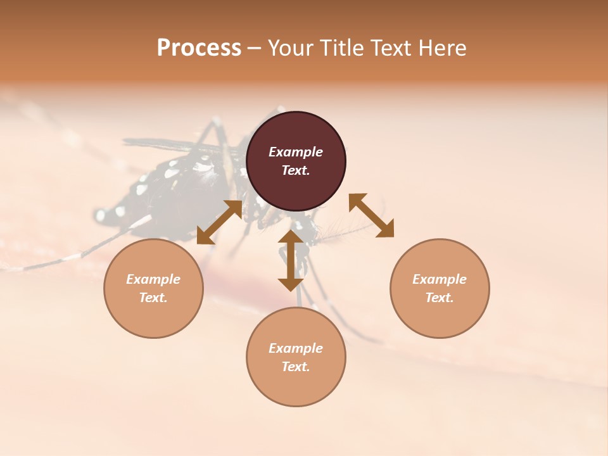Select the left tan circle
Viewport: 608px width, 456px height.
(153, 288)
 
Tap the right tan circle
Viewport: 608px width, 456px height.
(440, 288)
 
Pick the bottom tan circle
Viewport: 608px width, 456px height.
(296, 357)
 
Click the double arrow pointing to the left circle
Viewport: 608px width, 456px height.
(220, 222)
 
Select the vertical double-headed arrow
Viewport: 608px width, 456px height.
(291, 260)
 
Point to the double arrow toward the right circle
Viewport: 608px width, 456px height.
(371, 215)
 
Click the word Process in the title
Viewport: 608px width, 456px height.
(199, 47)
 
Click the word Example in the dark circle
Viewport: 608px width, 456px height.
(296, 152)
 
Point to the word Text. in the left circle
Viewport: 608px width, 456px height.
(153, 298)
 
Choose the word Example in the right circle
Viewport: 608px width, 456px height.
(440, 279)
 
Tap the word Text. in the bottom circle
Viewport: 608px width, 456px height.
(296, 367)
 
